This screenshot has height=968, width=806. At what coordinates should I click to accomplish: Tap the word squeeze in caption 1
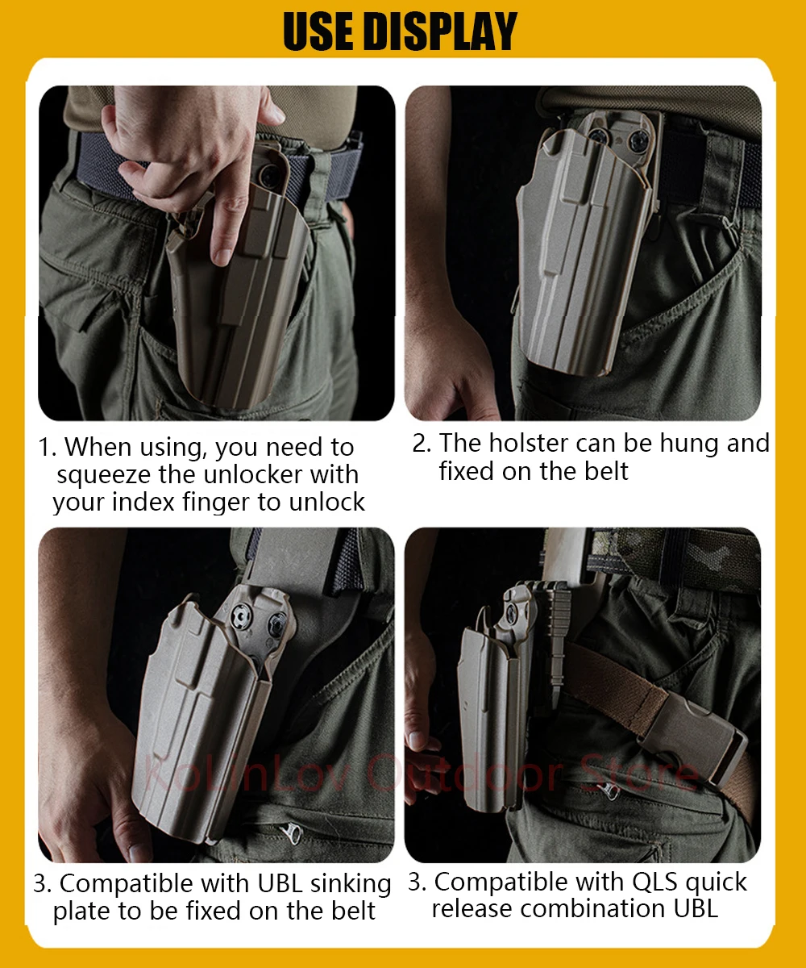pos(104,476)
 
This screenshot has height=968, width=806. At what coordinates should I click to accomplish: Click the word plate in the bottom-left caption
pos(82,912)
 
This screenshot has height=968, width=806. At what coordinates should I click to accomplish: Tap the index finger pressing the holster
pos(227,223)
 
